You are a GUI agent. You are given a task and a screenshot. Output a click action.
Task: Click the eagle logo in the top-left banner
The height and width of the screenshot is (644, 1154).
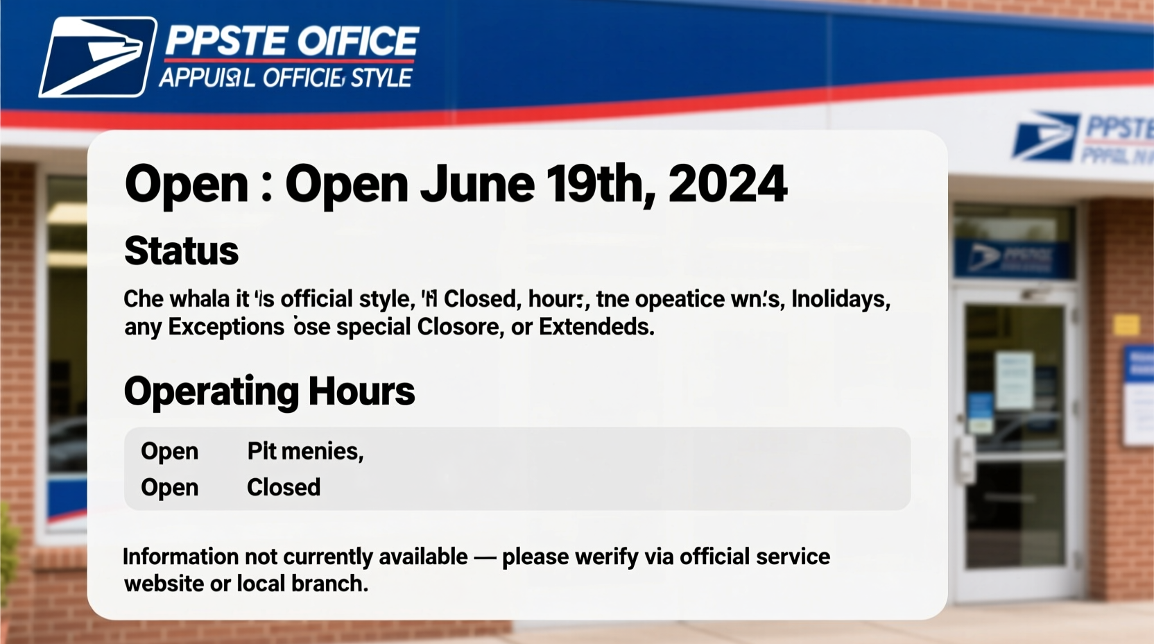97,57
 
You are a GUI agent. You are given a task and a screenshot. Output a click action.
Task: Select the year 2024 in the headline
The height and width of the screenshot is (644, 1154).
727,185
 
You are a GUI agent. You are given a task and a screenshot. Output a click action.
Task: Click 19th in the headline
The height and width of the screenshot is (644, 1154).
601,185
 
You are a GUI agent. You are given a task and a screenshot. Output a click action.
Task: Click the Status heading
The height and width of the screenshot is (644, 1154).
182,251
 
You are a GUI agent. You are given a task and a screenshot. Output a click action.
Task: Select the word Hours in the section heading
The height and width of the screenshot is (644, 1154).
361,391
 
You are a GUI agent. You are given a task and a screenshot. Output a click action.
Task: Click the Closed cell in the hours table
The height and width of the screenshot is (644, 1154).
284,487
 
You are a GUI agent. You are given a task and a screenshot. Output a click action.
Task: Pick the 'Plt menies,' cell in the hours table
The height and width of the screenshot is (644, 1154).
305,451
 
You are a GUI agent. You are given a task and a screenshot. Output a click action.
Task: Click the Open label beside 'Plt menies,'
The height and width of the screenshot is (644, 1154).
170,451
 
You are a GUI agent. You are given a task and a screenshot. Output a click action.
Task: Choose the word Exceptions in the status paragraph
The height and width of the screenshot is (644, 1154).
226,327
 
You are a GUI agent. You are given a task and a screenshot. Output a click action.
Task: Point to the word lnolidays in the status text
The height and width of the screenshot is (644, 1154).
841,299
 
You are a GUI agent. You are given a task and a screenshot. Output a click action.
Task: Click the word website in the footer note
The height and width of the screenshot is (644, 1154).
164,584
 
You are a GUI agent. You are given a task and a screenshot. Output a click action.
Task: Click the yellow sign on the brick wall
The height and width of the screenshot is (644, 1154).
1126,324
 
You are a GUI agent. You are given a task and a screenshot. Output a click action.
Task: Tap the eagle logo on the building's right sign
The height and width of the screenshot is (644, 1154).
1044,136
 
